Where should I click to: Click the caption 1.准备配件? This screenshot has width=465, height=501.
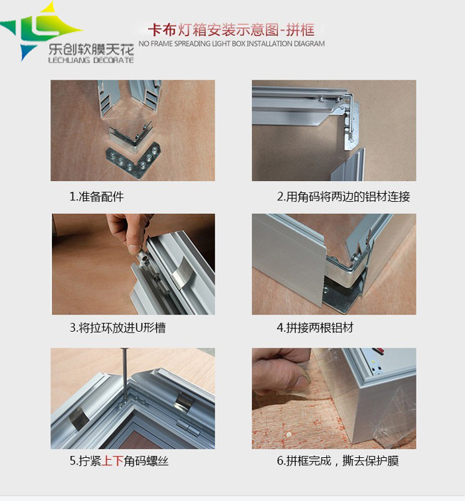click(96, 196)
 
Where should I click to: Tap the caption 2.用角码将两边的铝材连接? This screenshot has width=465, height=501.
click(343, 196)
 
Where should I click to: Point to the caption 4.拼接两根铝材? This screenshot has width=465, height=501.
click(315, 328)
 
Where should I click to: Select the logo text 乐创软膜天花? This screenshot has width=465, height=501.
click(91, 49)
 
